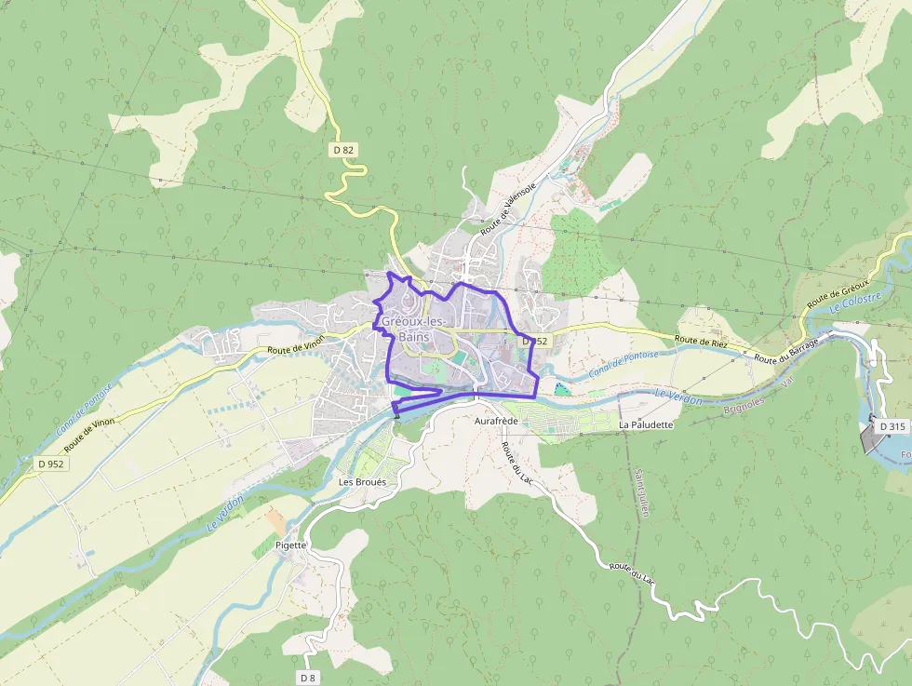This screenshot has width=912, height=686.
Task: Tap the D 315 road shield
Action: [892, 426]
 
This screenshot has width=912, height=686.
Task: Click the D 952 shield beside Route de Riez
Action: [535, 342]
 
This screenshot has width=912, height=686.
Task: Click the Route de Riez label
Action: [702, 342]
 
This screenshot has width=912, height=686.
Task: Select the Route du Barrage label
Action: [787, 352]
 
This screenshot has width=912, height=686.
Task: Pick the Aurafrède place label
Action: [495, 422]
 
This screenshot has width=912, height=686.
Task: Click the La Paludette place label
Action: [645, 424]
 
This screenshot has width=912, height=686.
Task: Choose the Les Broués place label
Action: [362, 482]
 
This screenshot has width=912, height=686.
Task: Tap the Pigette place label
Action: [290, 545]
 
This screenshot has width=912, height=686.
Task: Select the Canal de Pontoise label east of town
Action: [623, 365]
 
